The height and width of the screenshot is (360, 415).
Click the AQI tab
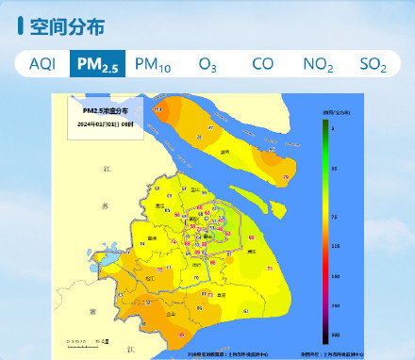coord(42,63)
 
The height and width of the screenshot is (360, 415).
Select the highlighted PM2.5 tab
coord(97,63)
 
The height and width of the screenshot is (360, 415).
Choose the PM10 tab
coord(153,63)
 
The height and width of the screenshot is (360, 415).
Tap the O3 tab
coord(207,63)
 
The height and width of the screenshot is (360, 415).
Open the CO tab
coord(263,63)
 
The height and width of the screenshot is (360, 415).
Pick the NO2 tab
coord(318,63)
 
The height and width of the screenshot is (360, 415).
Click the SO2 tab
coord(373,63)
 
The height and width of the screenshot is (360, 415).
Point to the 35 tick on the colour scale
coord(335,168)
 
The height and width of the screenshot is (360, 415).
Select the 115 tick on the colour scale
coord(335,246)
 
